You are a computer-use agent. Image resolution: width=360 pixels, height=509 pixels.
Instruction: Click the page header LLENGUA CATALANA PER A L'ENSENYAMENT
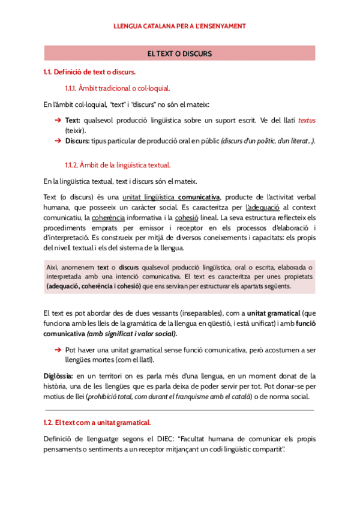179,26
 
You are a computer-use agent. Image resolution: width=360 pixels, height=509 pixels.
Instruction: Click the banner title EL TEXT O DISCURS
179,54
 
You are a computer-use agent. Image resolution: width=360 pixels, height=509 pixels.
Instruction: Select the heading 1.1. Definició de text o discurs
85,73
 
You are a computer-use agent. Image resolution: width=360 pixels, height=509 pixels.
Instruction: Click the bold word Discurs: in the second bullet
77,140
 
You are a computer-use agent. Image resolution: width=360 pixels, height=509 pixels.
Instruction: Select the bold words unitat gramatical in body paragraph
277,314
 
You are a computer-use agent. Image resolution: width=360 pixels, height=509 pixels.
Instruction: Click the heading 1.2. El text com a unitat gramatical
97,423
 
